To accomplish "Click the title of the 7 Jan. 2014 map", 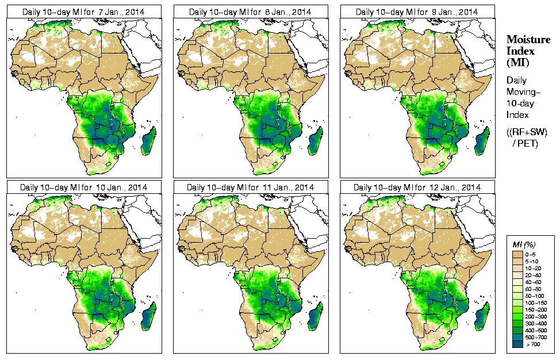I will tap(84, 12).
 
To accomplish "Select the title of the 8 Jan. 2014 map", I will tap(251, 12).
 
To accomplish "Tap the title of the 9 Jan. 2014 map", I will tap(417, 12).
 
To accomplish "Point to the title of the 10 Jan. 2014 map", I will tap(84, 187).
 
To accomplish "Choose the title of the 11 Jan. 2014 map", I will tap(251, 187).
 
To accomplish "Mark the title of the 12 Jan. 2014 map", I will tap(417, 187).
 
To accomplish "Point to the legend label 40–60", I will tap(534, 281).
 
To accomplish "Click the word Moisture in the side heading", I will tap(528, 39).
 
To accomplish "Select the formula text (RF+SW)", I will tap(527, 133).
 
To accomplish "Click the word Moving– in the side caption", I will tap(523, 92).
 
